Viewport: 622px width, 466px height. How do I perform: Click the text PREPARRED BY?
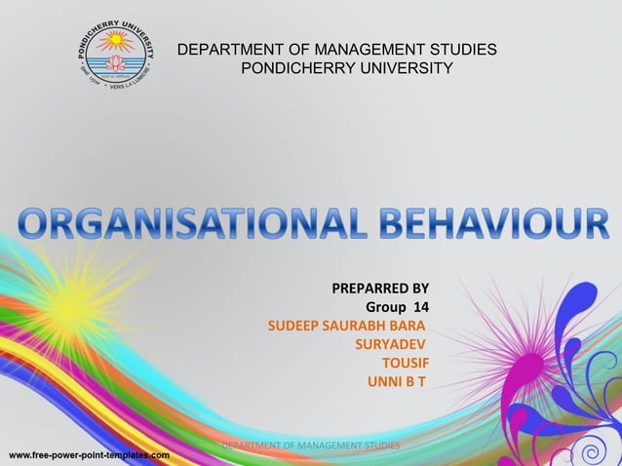pos(380,289)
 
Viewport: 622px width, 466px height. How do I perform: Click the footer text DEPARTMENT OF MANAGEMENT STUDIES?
pos(310,446)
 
